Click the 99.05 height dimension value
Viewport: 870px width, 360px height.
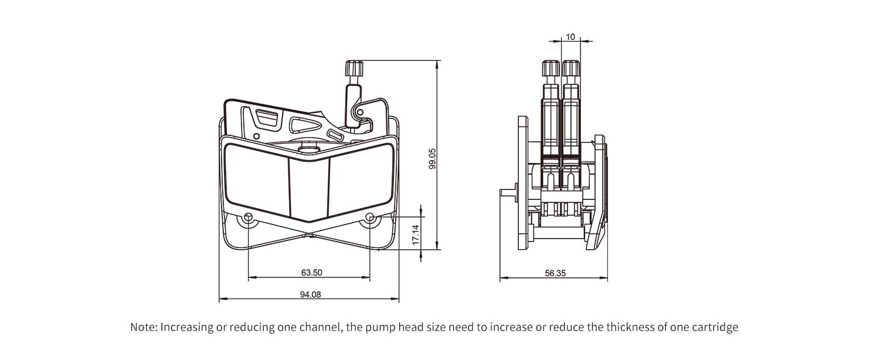432,159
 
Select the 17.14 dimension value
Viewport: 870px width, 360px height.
416,235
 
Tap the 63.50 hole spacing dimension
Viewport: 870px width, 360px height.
311,272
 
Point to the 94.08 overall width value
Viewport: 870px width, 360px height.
310,295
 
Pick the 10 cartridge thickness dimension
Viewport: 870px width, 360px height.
570,37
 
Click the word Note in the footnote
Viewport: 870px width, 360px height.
143,327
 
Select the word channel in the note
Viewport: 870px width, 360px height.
319,327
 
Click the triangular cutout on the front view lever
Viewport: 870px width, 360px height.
305,125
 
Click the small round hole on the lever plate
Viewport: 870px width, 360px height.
256,136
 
